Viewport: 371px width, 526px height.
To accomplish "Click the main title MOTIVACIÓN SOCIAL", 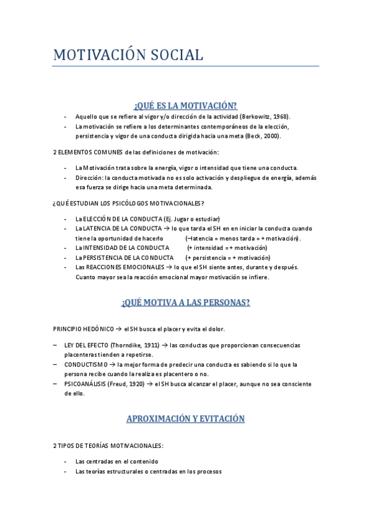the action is [x=128, y=55].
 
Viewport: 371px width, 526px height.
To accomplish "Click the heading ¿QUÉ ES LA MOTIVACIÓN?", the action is [x=185, y=105].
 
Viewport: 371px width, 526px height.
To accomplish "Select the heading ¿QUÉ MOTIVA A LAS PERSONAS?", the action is [x=185, y=303].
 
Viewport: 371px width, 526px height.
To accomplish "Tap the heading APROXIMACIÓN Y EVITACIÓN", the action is [x=185, y=419].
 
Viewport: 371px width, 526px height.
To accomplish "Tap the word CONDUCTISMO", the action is [x=85, y=365].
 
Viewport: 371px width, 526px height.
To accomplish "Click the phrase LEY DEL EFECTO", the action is [x=85, y=345].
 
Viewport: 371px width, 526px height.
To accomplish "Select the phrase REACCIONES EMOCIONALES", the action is [x=117, y=267].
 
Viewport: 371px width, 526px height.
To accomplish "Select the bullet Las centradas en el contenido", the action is [x=116, y=461].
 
